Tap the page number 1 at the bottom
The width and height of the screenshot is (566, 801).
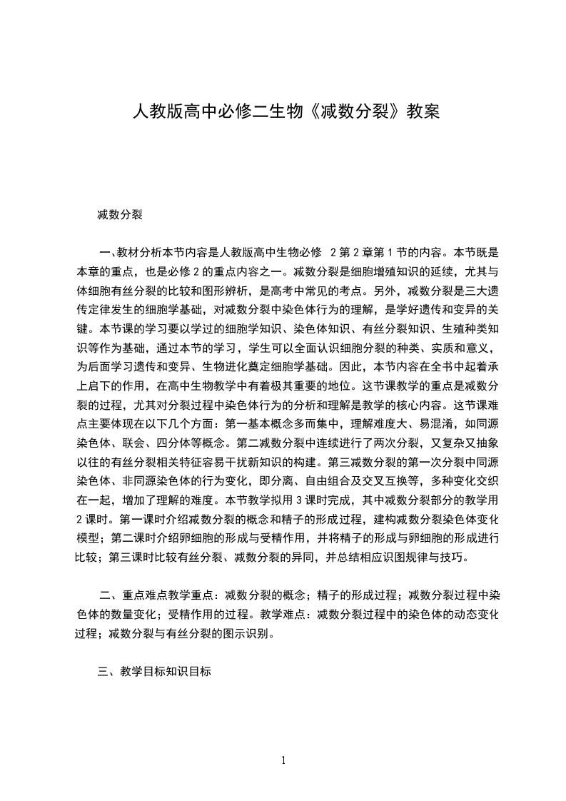tap(283, 760)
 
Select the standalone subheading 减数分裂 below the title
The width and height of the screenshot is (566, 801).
tap(121, 213)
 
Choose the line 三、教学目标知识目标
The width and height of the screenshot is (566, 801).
tap(154, 672)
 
